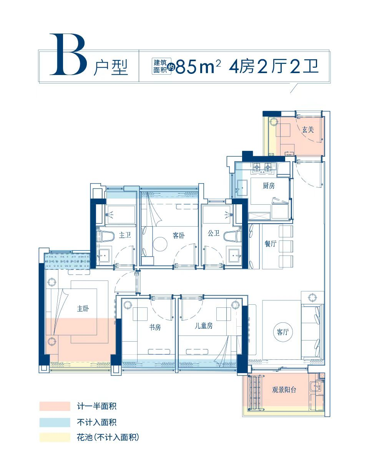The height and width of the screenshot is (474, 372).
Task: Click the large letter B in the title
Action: (68, 55)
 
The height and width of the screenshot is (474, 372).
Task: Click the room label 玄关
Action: (307, 130)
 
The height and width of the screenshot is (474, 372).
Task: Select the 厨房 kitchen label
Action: (269, 186)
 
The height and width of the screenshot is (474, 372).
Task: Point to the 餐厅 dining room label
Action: (270, 244)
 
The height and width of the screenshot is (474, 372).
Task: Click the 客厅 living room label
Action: (282, 332)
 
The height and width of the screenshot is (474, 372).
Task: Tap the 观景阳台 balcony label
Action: (284, 390)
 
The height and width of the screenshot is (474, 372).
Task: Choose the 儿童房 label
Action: (203, 326)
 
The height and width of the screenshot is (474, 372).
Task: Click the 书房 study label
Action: (154, 327)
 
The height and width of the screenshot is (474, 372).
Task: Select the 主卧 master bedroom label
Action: (83, 309)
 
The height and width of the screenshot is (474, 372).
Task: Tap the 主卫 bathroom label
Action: (125, 235)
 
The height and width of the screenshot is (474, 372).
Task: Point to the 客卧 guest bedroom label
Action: (178, 235)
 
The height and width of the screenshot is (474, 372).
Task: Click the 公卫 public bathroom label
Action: (213, 233)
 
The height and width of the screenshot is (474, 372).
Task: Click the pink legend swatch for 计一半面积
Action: (55, 406)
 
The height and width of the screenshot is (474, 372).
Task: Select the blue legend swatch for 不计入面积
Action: (55, 422)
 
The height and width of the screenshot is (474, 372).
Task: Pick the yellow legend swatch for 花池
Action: (55, 437)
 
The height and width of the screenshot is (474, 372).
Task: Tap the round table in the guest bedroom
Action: (160, 244)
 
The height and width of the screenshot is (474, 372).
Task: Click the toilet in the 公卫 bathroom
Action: (230, 236)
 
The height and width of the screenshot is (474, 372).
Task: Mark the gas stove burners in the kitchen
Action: (262, 167)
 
